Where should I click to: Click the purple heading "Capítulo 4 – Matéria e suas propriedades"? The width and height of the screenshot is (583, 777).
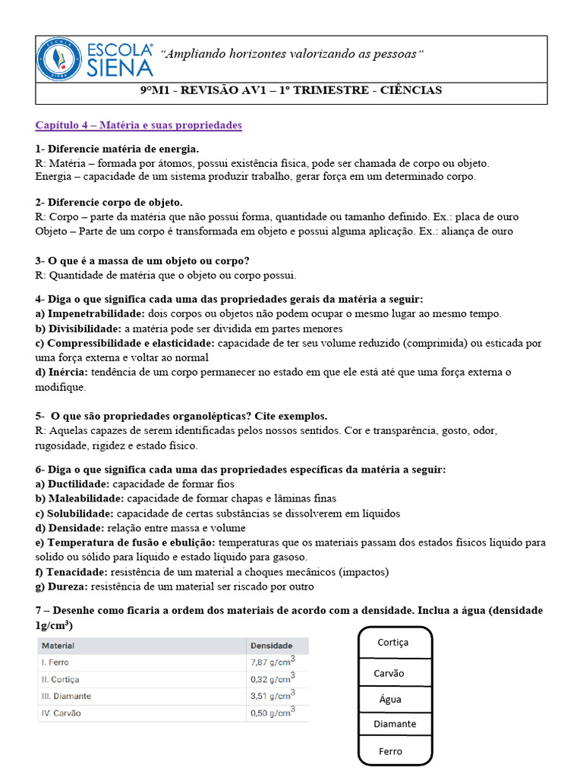(x=138, y=125)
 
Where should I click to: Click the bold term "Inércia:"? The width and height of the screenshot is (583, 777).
(x=68, y=372)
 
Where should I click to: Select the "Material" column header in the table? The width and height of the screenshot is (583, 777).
(x=58, y=646)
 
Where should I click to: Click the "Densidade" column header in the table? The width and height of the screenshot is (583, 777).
(x=271, y=646)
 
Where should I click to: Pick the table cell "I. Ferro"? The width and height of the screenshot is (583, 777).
(x=55, y=662)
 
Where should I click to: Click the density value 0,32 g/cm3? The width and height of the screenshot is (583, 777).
(x=273, y=678)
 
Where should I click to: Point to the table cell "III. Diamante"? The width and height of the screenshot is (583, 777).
(x=66, y=696)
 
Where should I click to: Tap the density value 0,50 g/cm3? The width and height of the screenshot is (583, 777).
(x=273, y=713)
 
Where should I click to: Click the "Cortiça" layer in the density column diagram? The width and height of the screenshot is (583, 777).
(x=392, y=643)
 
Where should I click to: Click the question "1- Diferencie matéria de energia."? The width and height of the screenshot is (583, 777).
(x=118, y=149)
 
